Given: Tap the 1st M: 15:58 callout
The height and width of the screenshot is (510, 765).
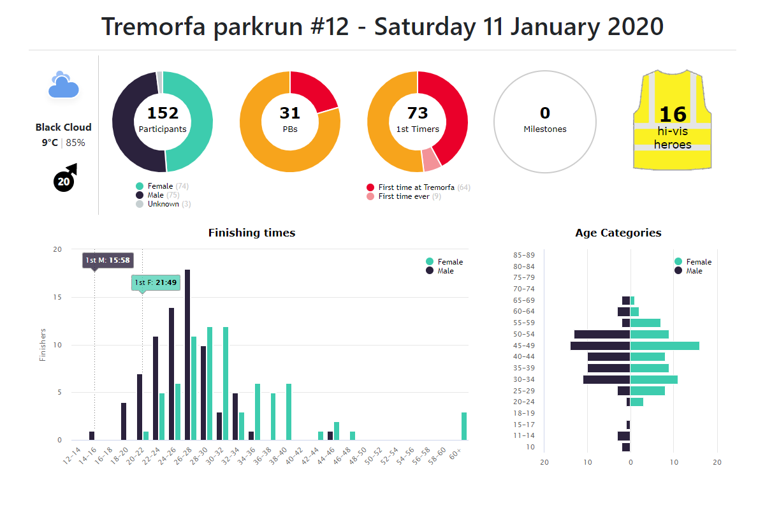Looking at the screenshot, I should [108, 260].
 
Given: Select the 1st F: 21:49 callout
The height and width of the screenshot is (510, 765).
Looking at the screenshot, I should [156, 282].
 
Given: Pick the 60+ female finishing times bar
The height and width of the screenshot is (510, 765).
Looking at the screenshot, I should [465, 426].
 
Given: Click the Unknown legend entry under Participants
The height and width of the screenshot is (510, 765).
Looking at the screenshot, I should [163, 204].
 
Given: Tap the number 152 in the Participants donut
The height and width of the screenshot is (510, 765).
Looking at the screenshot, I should [163, 113].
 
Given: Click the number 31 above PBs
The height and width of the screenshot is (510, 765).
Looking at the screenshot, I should [290, 113].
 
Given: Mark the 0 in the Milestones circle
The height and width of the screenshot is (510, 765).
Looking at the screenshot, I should [545, 113].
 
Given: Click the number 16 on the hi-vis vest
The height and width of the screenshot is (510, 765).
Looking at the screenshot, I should [673, 114].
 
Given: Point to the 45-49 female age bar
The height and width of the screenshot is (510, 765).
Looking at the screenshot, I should [665, 346].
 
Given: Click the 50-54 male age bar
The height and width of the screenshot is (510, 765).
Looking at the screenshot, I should [602, 334].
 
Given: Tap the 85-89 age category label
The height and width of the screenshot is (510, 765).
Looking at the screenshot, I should [523, 255].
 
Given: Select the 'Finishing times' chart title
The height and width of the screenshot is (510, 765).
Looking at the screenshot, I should [252, 233].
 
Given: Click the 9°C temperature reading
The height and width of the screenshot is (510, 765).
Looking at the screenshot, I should [50, 143].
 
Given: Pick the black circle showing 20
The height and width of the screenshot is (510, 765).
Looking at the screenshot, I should [64, 182].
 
